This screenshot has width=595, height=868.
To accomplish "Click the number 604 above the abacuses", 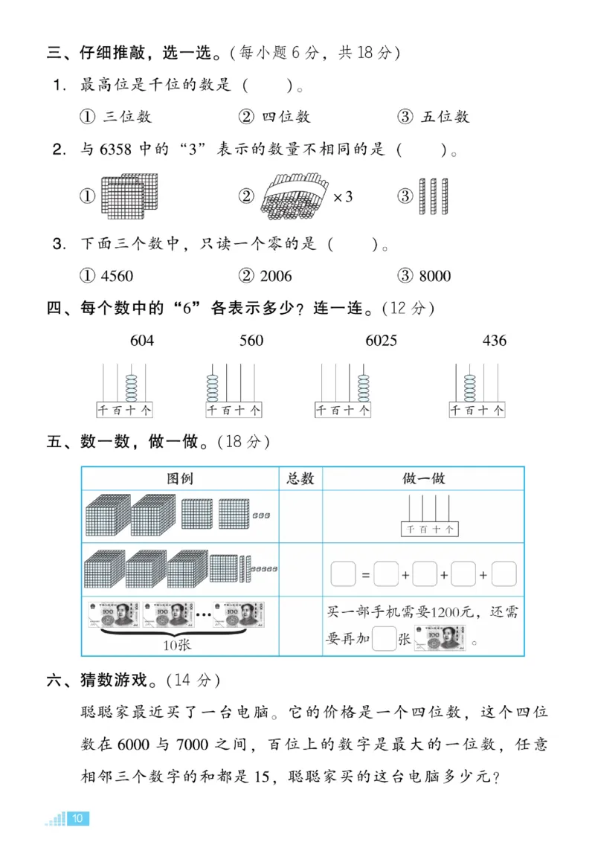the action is (142, 341).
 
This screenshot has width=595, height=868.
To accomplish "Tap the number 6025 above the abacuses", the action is (381, 341).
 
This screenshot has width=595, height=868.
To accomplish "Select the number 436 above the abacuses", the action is (494, 341).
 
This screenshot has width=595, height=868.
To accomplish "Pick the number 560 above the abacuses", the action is (251, 341).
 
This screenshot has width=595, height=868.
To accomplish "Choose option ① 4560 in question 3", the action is (106, 276).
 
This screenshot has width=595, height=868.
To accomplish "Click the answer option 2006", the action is (266, 276).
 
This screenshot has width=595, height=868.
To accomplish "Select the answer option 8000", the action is (425, 276).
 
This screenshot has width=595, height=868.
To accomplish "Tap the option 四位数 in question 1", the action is (275, 117).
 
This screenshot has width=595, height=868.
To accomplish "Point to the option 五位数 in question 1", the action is (434, 117).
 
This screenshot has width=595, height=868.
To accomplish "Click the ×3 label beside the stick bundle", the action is (342, 197).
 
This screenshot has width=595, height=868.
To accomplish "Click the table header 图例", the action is (180, 479).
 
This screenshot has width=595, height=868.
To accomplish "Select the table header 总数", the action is (300, 479).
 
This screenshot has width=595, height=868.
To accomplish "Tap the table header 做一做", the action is (423, 479).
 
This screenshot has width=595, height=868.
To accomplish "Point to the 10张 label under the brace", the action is (176, 644).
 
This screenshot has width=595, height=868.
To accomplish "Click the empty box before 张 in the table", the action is (383, 639).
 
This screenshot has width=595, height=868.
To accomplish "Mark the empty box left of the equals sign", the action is (343, 575).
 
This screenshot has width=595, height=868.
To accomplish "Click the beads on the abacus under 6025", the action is (363, 386).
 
